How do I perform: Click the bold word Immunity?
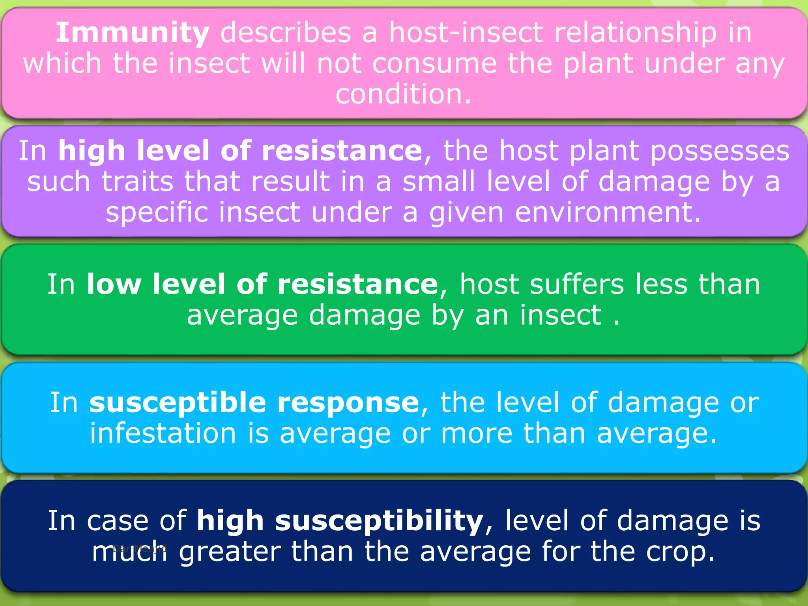(x=132, y=33)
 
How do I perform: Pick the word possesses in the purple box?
(x=720, y=151)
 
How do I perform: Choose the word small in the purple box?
(x=438, y=182)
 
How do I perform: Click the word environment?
(x=604, y=213)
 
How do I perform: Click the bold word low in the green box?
(x=114, y=284)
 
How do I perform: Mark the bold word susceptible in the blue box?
(x=178, y=403)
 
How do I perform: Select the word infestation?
(x=163, y=434)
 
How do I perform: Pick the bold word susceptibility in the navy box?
(x=379, y=521)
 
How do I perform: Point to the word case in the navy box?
(x=118, y=521)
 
